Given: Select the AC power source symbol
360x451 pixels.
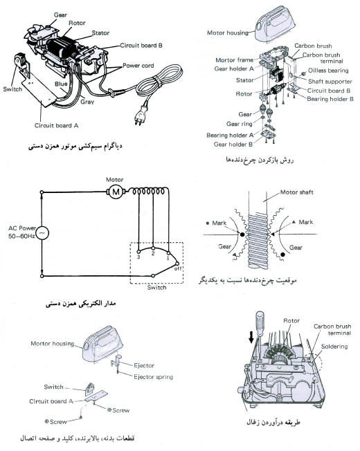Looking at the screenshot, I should coord(42,234).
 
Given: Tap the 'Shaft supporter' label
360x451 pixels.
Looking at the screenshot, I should coord(330,80).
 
